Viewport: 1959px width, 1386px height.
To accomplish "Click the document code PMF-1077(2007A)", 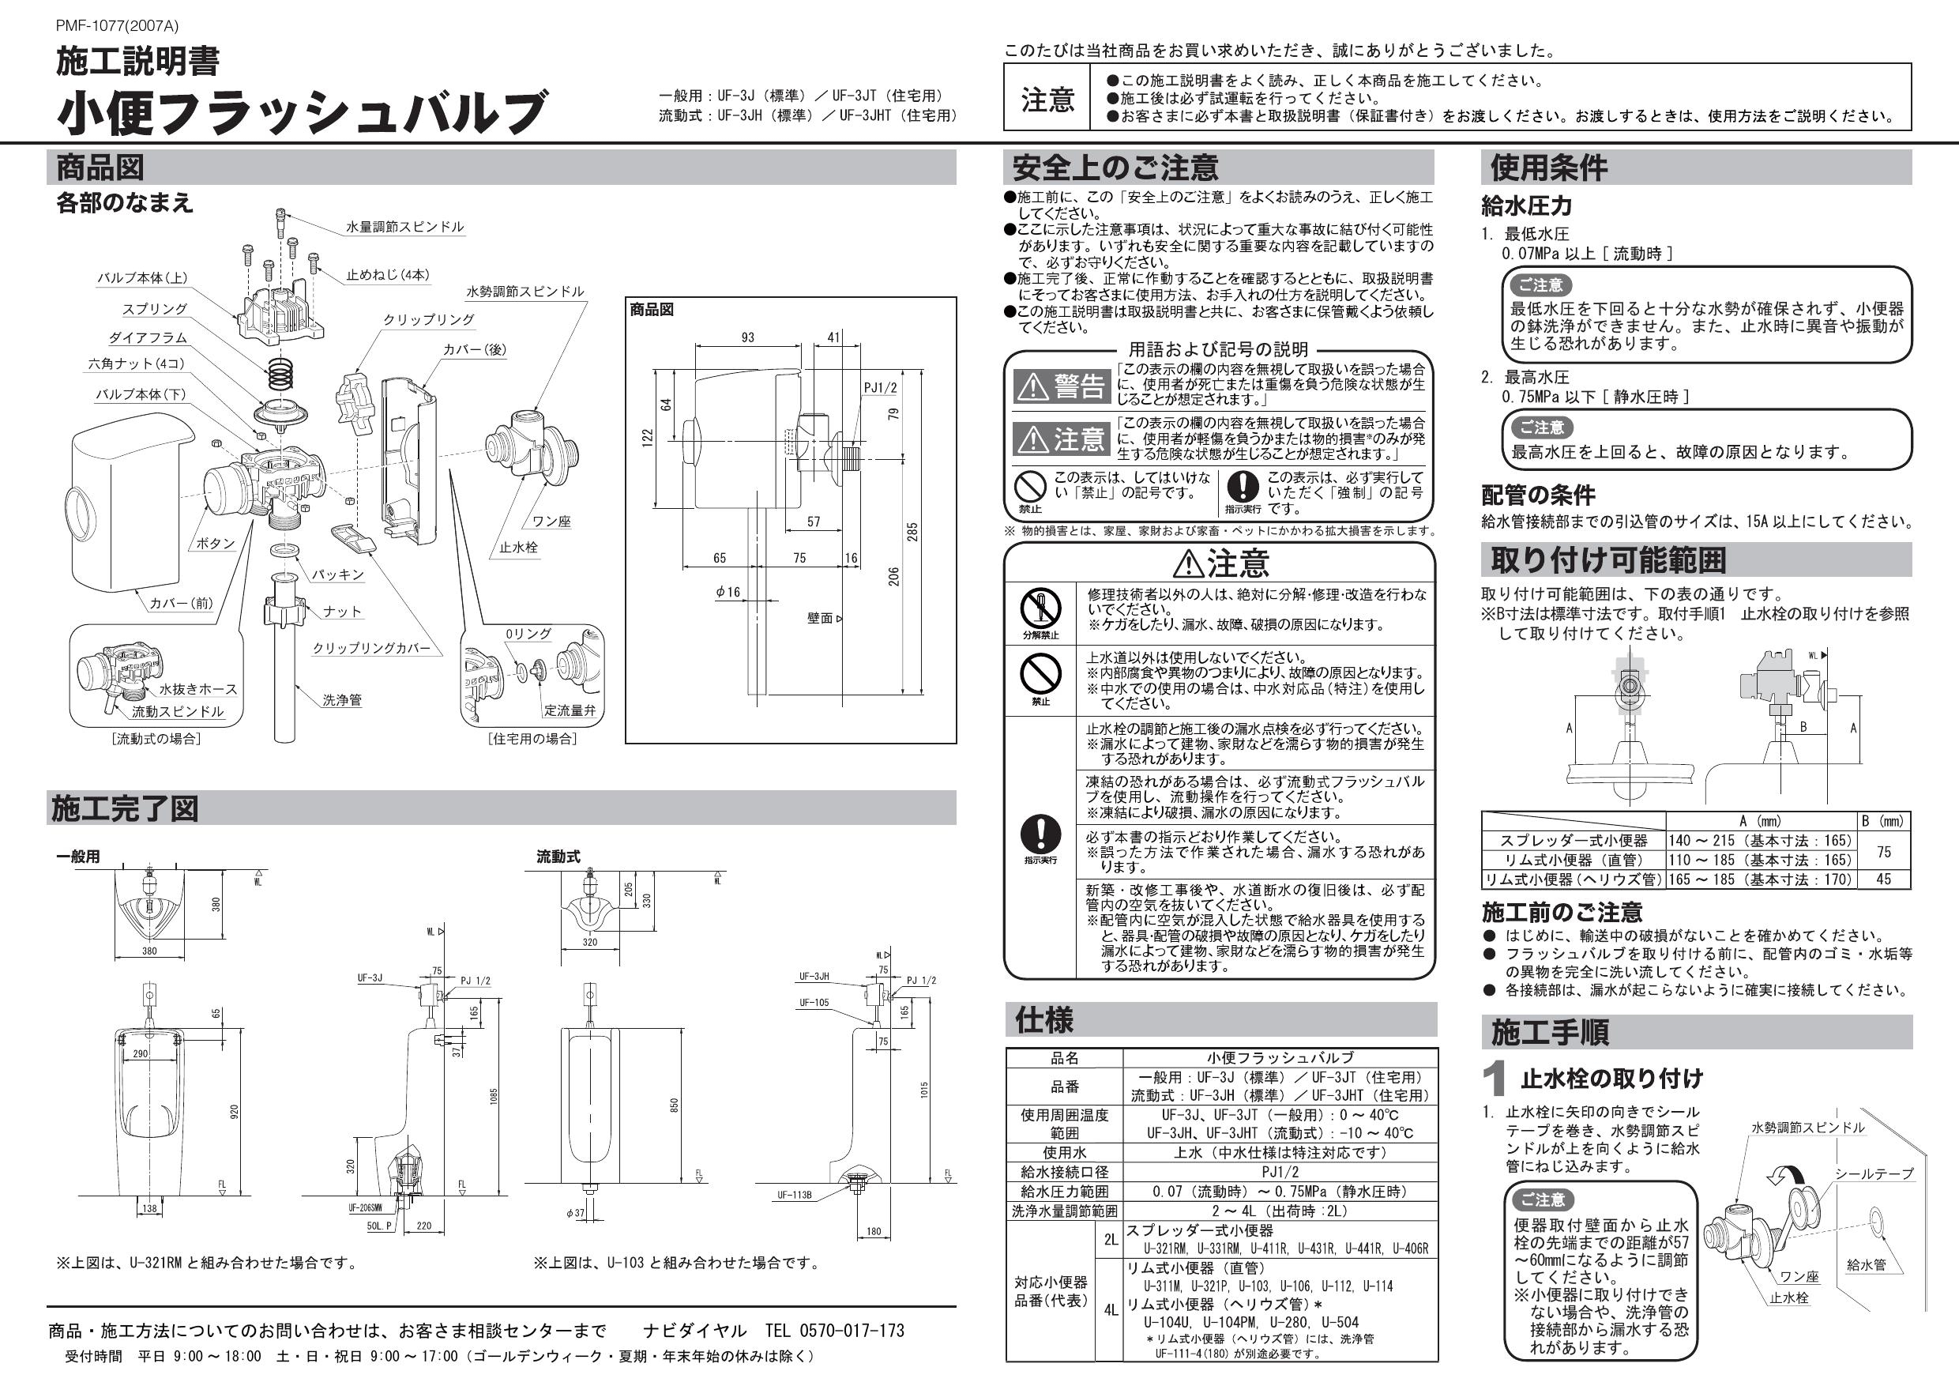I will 117,26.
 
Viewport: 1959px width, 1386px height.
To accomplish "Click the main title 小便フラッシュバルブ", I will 300,114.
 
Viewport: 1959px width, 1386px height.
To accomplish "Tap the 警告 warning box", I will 1061,386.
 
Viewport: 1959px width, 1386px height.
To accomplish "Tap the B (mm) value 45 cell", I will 1883,879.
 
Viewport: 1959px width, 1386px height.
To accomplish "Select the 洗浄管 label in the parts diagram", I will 341,700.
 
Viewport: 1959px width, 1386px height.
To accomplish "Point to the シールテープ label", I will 1874,1173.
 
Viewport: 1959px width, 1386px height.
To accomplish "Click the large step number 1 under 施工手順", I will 1494,1080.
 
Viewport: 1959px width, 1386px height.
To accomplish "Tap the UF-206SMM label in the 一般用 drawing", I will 364,1207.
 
